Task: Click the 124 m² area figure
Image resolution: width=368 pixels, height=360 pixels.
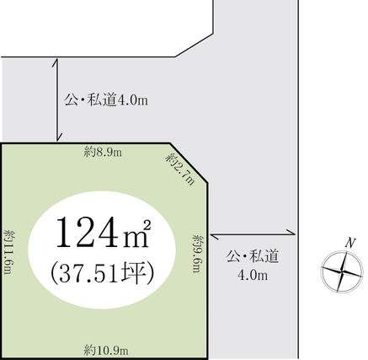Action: [104, 233]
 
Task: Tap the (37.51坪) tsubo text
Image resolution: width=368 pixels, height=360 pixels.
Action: [103, 273]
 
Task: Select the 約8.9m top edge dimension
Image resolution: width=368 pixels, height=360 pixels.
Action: [103, 153]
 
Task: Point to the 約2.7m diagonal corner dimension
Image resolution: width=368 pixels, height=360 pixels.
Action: [180, 169]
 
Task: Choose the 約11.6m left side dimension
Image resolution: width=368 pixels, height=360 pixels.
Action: [10, 252]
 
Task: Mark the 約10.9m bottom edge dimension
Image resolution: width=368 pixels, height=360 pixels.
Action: [106, 351]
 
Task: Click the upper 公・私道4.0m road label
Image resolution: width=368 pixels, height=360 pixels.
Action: [106, 99]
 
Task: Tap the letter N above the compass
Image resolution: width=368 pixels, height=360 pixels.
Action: [350, 243]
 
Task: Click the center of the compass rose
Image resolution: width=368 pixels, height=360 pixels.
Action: [342, 271]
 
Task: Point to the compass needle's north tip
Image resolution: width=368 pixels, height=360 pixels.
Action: [347, 252]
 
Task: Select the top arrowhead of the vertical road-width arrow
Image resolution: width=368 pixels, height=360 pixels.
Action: [56, 62]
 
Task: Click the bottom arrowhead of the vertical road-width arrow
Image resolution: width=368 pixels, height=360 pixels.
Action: [58, 137]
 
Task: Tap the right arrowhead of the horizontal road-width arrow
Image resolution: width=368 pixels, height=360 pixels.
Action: [291, 232]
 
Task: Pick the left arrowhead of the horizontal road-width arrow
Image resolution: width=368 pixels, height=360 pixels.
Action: [214, 237]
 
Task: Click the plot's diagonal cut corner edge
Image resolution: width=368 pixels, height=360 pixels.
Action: [189, 164]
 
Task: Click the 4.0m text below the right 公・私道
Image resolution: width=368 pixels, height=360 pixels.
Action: [253, 276]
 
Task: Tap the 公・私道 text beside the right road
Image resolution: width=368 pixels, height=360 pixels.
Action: [253, 256]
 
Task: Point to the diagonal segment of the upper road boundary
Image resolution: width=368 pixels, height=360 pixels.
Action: [195, 46]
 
